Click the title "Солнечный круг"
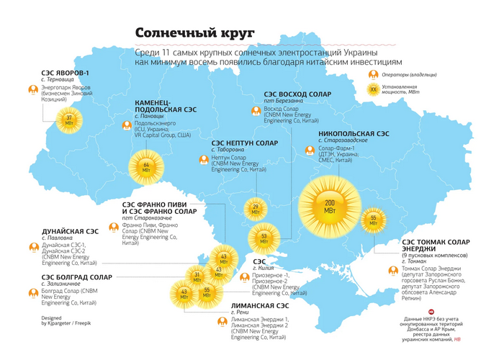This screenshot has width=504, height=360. pyautogui.click(x=195, y=34)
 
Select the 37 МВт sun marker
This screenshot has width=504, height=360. pyautogui.click(x=69, y=120)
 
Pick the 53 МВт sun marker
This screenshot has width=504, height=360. pyautogui.click(x=264, y=238)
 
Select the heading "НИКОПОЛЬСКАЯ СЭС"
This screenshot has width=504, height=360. pyautogui.click(x=353, y=134)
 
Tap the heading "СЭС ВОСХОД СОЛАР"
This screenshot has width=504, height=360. pyautogui.click(x=297, y=94)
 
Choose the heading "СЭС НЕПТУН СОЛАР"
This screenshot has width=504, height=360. pyautogui.click(x=244, y=143)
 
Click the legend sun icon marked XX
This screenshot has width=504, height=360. pyautogui.click(x=373, y=90)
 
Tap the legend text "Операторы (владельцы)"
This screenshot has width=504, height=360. pyautogui.click(x=410, y=76)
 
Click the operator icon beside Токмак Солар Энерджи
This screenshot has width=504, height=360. pyautogui.click(x=393, y=271)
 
